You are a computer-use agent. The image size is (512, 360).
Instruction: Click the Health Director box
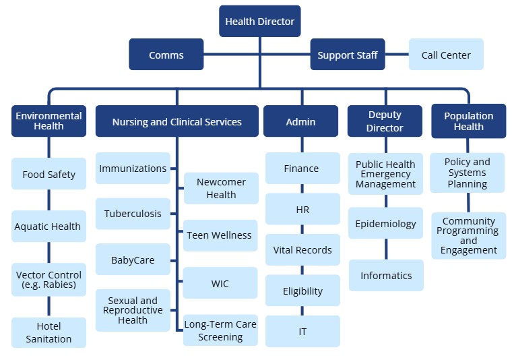[259, 22]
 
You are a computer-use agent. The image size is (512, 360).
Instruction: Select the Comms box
[166, 55]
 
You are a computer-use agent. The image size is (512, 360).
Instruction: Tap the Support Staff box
[348, 55]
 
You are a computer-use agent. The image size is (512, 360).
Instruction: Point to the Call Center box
[446, 55]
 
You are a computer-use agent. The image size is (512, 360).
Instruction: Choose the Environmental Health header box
[49, 121]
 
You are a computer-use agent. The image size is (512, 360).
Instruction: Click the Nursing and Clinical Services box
[177, 122]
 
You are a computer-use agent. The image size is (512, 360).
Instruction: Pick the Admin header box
[300, 122]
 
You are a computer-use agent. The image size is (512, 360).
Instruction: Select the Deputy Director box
[385, 121]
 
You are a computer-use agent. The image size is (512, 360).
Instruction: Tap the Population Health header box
[468, 121]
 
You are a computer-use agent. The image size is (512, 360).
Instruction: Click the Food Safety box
[49, 175]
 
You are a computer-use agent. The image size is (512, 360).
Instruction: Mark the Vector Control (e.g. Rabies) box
[49, 280]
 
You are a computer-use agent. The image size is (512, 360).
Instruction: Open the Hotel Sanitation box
[49, 333]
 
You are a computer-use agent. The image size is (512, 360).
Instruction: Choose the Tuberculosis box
[133, 214]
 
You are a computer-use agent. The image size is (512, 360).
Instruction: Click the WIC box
[220, 284]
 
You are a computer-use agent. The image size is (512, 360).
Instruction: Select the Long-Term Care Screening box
[220, 331]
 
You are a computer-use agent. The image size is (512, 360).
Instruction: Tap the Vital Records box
[302, 250]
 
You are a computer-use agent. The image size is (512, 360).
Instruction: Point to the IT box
[302, 332]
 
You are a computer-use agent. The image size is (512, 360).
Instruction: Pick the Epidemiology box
[386, 224]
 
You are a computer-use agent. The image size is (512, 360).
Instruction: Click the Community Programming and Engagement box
[468, 236]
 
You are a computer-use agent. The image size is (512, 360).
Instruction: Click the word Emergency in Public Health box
[386, 174]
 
